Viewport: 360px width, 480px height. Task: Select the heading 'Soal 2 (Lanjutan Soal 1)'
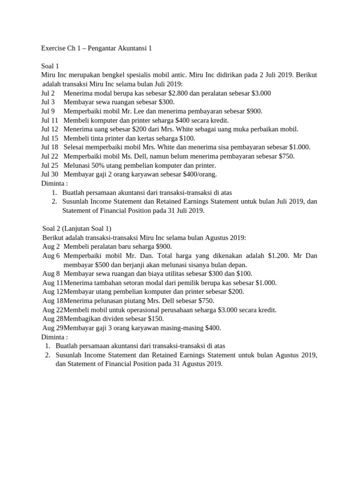77,228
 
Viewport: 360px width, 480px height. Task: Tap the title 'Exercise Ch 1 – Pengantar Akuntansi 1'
97,48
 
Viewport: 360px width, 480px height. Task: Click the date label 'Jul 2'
48,93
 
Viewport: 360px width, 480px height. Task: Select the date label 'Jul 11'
50,120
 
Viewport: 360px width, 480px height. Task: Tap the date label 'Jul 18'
50,147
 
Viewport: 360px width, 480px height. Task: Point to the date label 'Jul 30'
50,174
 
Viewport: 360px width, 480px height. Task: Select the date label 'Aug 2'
51,247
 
